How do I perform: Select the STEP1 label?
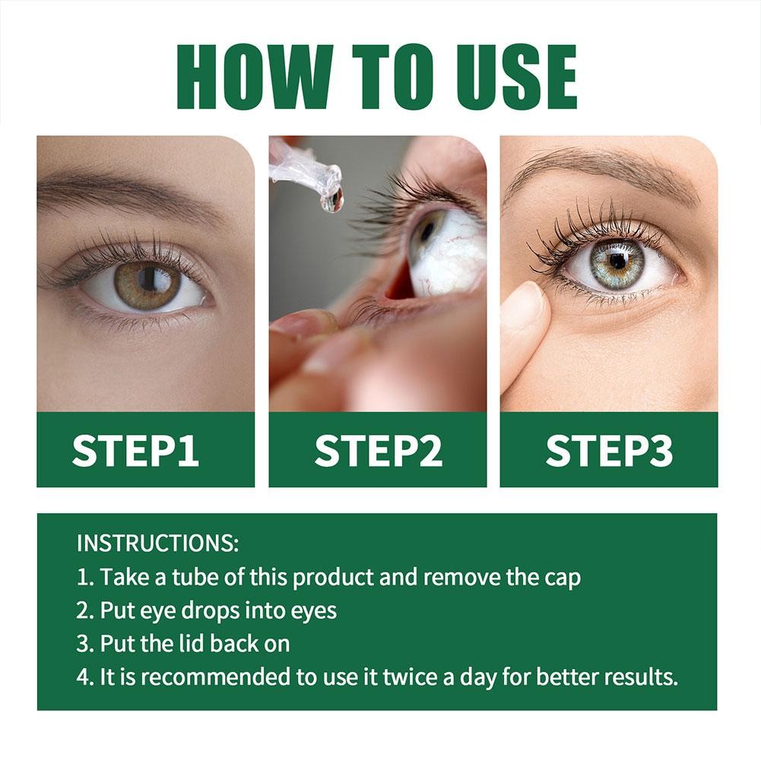point(136,451)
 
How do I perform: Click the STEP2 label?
point(378,451)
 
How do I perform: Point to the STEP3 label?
point(609,451)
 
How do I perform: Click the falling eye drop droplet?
point(331,199)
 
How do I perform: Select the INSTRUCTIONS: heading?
point(158,544)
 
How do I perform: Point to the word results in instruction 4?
point(640,677)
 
